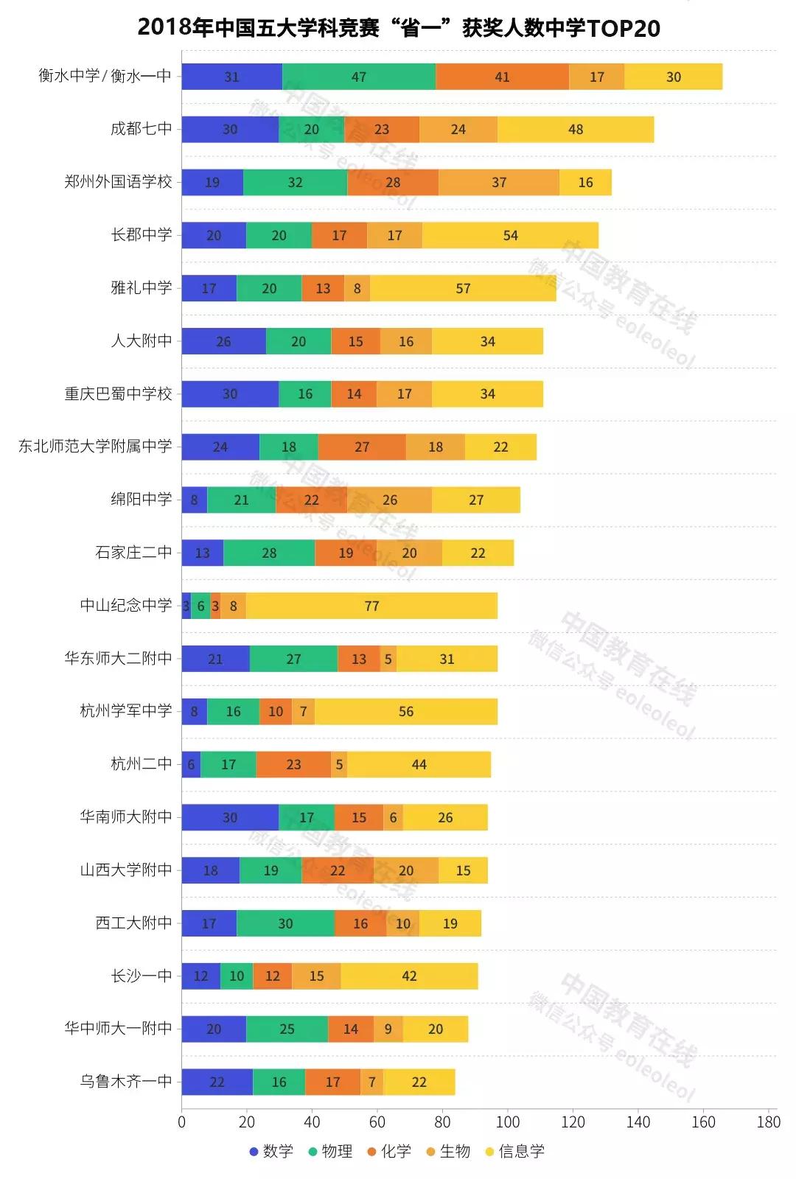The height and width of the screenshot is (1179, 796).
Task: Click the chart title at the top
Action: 398,28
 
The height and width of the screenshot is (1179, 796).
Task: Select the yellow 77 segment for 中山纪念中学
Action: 371,606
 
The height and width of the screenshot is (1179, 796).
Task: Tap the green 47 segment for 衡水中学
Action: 359,77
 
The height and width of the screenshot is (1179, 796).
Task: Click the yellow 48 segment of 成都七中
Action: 576,130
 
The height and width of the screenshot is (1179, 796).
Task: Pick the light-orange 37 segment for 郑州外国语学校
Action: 499,183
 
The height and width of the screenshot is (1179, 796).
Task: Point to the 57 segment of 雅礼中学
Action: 463,288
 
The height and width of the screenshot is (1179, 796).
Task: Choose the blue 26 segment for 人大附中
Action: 223,341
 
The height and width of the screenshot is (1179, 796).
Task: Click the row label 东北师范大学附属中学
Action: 95,447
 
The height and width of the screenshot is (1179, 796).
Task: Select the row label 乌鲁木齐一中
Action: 126,1082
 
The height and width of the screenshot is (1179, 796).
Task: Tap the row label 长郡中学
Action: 142,235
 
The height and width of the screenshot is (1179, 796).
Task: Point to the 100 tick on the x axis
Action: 508,1122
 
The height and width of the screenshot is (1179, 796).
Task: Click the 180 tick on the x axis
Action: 768,1122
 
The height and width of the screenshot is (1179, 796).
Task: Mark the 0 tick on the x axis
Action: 182,1122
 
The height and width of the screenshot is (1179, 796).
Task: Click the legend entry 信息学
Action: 514,1152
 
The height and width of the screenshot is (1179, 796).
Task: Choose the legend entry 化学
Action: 389,1152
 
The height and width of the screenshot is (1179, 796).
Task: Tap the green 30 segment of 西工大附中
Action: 285,923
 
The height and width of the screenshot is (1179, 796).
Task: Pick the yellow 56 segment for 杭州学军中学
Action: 406,712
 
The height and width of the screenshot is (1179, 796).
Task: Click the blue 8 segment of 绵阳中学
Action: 195,500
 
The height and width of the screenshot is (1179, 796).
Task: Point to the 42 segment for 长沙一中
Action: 409,976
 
